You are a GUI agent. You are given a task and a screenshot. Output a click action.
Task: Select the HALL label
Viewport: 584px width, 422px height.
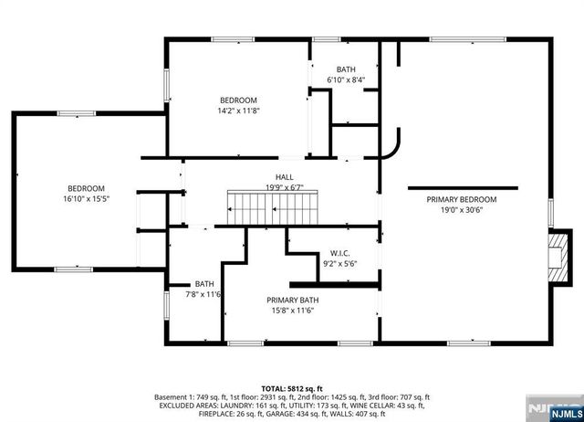click(285, 177)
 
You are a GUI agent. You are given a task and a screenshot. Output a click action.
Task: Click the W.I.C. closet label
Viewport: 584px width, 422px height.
click(340, 253)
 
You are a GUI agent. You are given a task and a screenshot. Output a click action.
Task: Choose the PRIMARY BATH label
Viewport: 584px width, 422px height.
click(293, 301)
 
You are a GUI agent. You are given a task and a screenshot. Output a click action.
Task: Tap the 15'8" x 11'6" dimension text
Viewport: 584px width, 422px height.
click(293, 311)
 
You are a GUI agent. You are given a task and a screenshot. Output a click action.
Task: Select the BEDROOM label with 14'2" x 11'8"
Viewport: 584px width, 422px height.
click(238, 100)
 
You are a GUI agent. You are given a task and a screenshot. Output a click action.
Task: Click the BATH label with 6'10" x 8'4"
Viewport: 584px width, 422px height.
click(346, 69)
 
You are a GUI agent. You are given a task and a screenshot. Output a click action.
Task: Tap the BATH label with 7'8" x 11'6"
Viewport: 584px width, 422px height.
click(204, 284)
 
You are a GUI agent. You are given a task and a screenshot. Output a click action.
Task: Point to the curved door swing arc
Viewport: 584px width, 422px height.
click(393, 146)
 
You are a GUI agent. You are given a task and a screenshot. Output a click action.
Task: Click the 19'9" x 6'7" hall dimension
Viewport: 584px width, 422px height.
click(284, 187)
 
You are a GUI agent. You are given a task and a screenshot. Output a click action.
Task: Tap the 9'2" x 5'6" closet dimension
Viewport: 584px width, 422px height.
click(340, 263)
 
